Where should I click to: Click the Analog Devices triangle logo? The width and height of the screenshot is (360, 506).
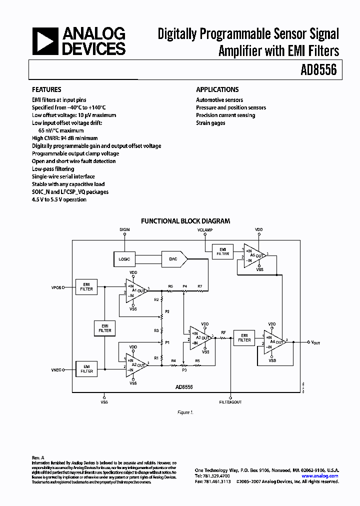[x=43, y=41]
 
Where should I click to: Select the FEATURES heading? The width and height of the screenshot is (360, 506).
[x=46, y=89]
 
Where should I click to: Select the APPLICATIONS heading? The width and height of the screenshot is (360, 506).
[x=217, y=89]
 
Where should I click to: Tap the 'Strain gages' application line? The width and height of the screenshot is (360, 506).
[x=210, y=123]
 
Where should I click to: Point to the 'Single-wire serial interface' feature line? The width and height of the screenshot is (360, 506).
[x=63, y=176]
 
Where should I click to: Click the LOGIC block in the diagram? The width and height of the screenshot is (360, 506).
[x=124, y=259]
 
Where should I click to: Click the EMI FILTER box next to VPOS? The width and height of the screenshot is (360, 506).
[x=86, y=286]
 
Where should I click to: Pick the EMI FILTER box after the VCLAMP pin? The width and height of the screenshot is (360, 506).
[x=222, y=251]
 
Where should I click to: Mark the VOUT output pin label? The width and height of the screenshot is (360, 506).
[x=316, y=342]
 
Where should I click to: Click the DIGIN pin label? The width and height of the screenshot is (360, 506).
[x=124, y=229]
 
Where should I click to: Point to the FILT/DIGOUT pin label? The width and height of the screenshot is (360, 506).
[x=231, y=401]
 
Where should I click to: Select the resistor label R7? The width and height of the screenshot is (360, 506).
[x=199, y=286]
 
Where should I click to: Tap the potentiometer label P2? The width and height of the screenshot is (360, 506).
[x=167, y=311]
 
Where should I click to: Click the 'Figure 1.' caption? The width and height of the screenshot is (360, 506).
[x=184, y=412]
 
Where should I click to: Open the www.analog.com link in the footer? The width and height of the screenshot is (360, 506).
[x=320, y=476]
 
